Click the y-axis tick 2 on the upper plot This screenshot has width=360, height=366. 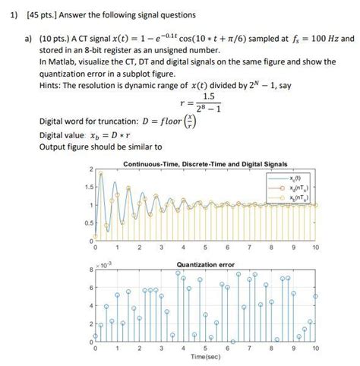89,169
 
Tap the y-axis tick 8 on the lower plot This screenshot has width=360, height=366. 89,270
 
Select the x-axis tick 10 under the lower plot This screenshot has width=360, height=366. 315,348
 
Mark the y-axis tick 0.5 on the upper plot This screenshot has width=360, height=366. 87,223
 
